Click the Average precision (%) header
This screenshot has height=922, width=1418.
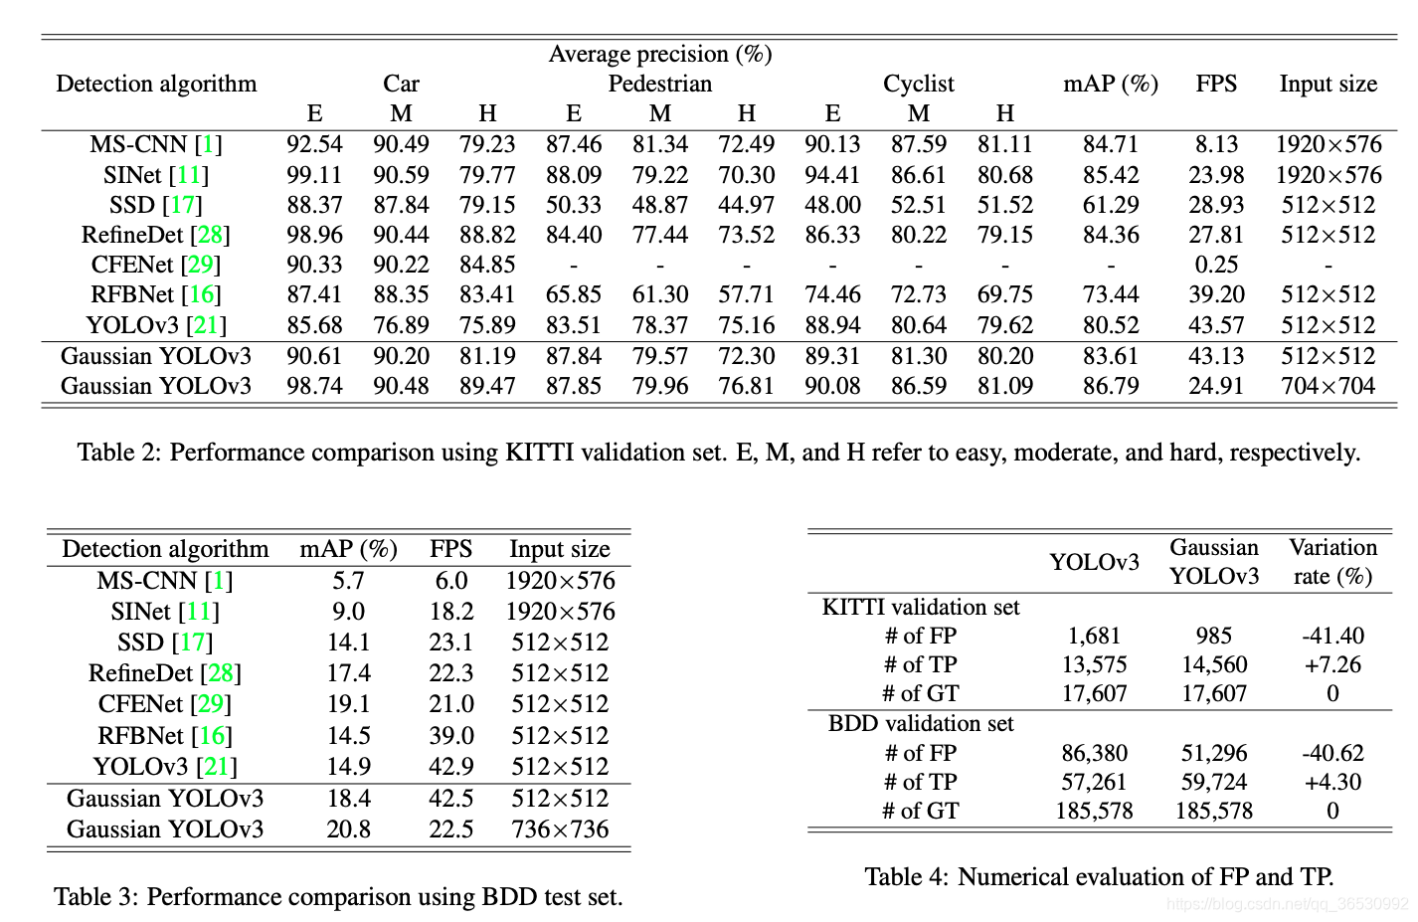[x=659, y=54]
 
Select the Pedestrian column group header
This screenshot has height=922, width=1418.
[x=659, y=84]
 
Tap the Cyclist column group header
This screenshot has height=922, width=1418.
[x=918, y=84]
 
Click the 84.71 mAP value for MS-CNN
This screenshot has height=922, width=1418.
[x=1110, y=145]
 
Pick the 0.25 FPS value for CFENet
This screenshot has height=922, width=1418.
[x=1216, y=265]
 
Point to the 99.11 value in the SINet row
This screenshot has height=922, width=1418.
[x=314, y=175]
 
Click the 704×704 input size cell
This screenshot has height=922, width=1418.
[x=1328, y=386]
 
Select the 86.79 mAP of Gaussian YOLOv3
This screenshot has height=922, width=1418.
[x=1110, y=386]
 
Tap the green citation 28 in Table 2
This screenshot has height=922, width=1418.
[x=210, y=235]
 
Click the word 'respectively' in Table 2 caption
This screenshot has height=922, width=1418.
[x=1294, y=453]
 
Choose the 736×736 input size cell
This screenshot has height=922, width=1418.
[x=560, y=830]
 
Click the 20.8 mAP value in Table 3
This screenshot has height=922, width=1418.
[x=348, y=830]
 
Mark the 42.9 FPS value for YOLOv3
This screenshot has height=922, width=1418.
[x=450, y=767]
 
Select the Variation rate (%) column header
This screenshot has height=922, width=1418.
[x=1332, y=562]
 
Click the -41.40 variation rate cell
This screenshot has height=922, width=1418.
[x=1332, y=636]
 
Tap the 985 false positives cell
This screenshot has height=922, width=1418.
[x=1213, y=636]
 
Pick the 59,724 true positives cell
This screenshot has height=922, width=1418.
[x=1213, y=782]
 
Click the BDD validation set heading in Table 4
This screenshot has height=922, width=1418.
[x=921, y=723]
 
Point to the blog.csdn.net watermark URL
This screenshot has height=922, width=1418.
[x=1287, y=904]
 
